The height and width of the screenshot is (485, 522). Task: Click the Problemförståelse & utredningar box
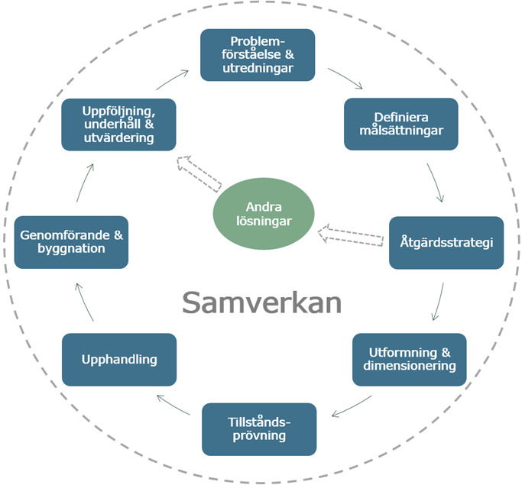click(258, 55)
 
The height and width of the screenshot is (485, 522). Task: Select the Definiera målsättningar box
click(400, 124)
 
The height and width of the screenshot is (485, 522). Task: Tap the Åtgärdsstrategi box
click(446, 243)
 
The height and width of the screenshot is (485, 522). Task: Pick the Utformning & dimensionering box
click(409, 359)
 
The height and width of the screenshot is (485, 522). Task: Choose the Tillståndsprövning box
click(258, 429)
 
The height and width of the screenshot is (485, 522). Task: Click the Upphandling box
click(118, 359)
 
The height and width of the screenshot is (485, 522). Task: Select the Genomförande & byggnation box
click(71, 241)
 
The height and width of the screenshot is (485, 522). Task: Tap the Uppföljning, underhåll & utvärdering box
click(118, 124)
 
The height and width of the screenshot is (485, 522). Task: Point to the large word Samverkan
click(261, 302)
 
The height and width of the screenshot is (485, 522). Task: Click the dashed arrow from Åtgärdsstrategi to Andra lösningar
click(352, 234)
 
